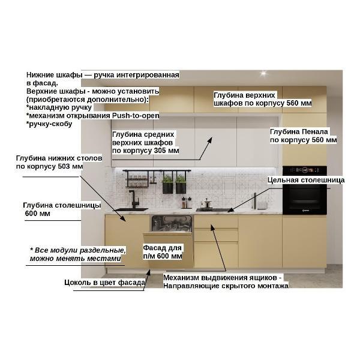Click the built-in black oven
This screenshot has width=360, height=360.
304,190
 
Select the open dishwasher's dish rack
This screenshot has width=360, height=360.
172,223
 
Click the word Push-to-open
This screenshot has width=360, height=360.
136,115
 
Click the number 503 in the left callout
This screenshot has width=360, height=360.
64,166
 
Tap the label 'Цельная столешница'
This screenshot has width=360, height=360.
306,180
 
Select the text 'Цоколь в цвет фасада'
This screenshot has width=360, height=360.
104,283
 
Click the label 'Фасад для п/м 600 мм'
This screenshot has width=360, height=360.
163,252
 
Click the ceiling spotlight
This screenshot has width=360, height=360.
263,73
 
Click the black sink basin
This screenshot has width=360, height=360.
130,209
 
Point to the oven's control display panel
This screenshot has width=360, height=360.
304,170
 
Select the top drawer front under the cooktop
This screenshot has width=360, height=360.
216,222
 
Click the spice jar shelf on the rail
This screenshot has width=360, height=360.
137,181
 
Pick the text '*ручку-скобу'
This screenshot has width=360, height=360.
49,124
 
